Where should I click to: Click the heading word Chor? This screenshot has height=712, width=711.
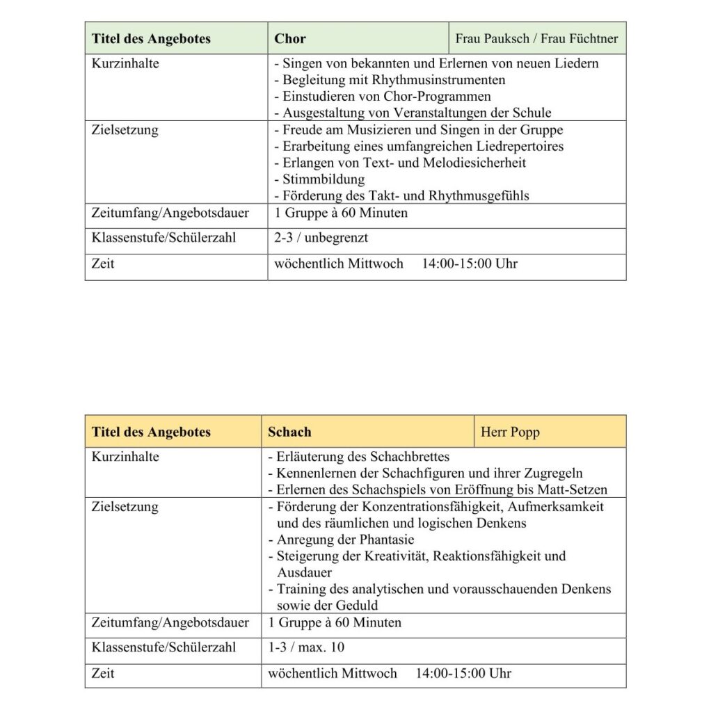(x=290, y=39)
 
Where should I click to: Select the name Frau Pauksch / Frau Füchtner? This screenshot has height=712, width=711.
(x=536, y=39)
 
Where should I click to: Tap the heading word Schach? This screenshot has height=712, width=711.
(x=289, y=432)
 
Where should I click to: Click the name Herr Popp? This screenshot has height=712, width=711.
(x=510, y=432)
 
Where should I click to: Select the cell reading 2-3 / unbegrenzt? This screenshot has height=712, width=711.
(x=321, y=238)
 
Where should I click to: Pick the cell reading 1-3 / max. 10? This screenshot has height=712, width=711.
(x=306, y=647)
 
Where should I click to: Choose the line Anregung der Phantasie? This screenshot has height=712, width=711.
(x=345, y=540)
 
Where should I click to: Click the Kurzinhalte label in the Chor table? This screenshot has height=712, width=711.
(x=125, y=63)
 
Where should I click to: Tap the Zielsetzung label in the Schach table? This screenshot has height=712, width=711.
(x=125, y=507)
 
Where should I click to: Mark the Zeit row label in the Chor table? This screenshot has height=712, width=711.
(x=103, y=264)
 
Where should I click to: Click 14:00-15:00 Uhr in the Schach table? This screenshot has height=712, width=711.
(x=463, y=673)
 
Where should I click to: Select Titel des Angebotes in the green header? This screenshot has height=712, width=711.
(x=151, y=39)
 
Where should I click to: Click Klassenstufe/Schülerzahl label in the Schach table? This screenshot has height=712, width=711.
(x=163, y=647)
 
